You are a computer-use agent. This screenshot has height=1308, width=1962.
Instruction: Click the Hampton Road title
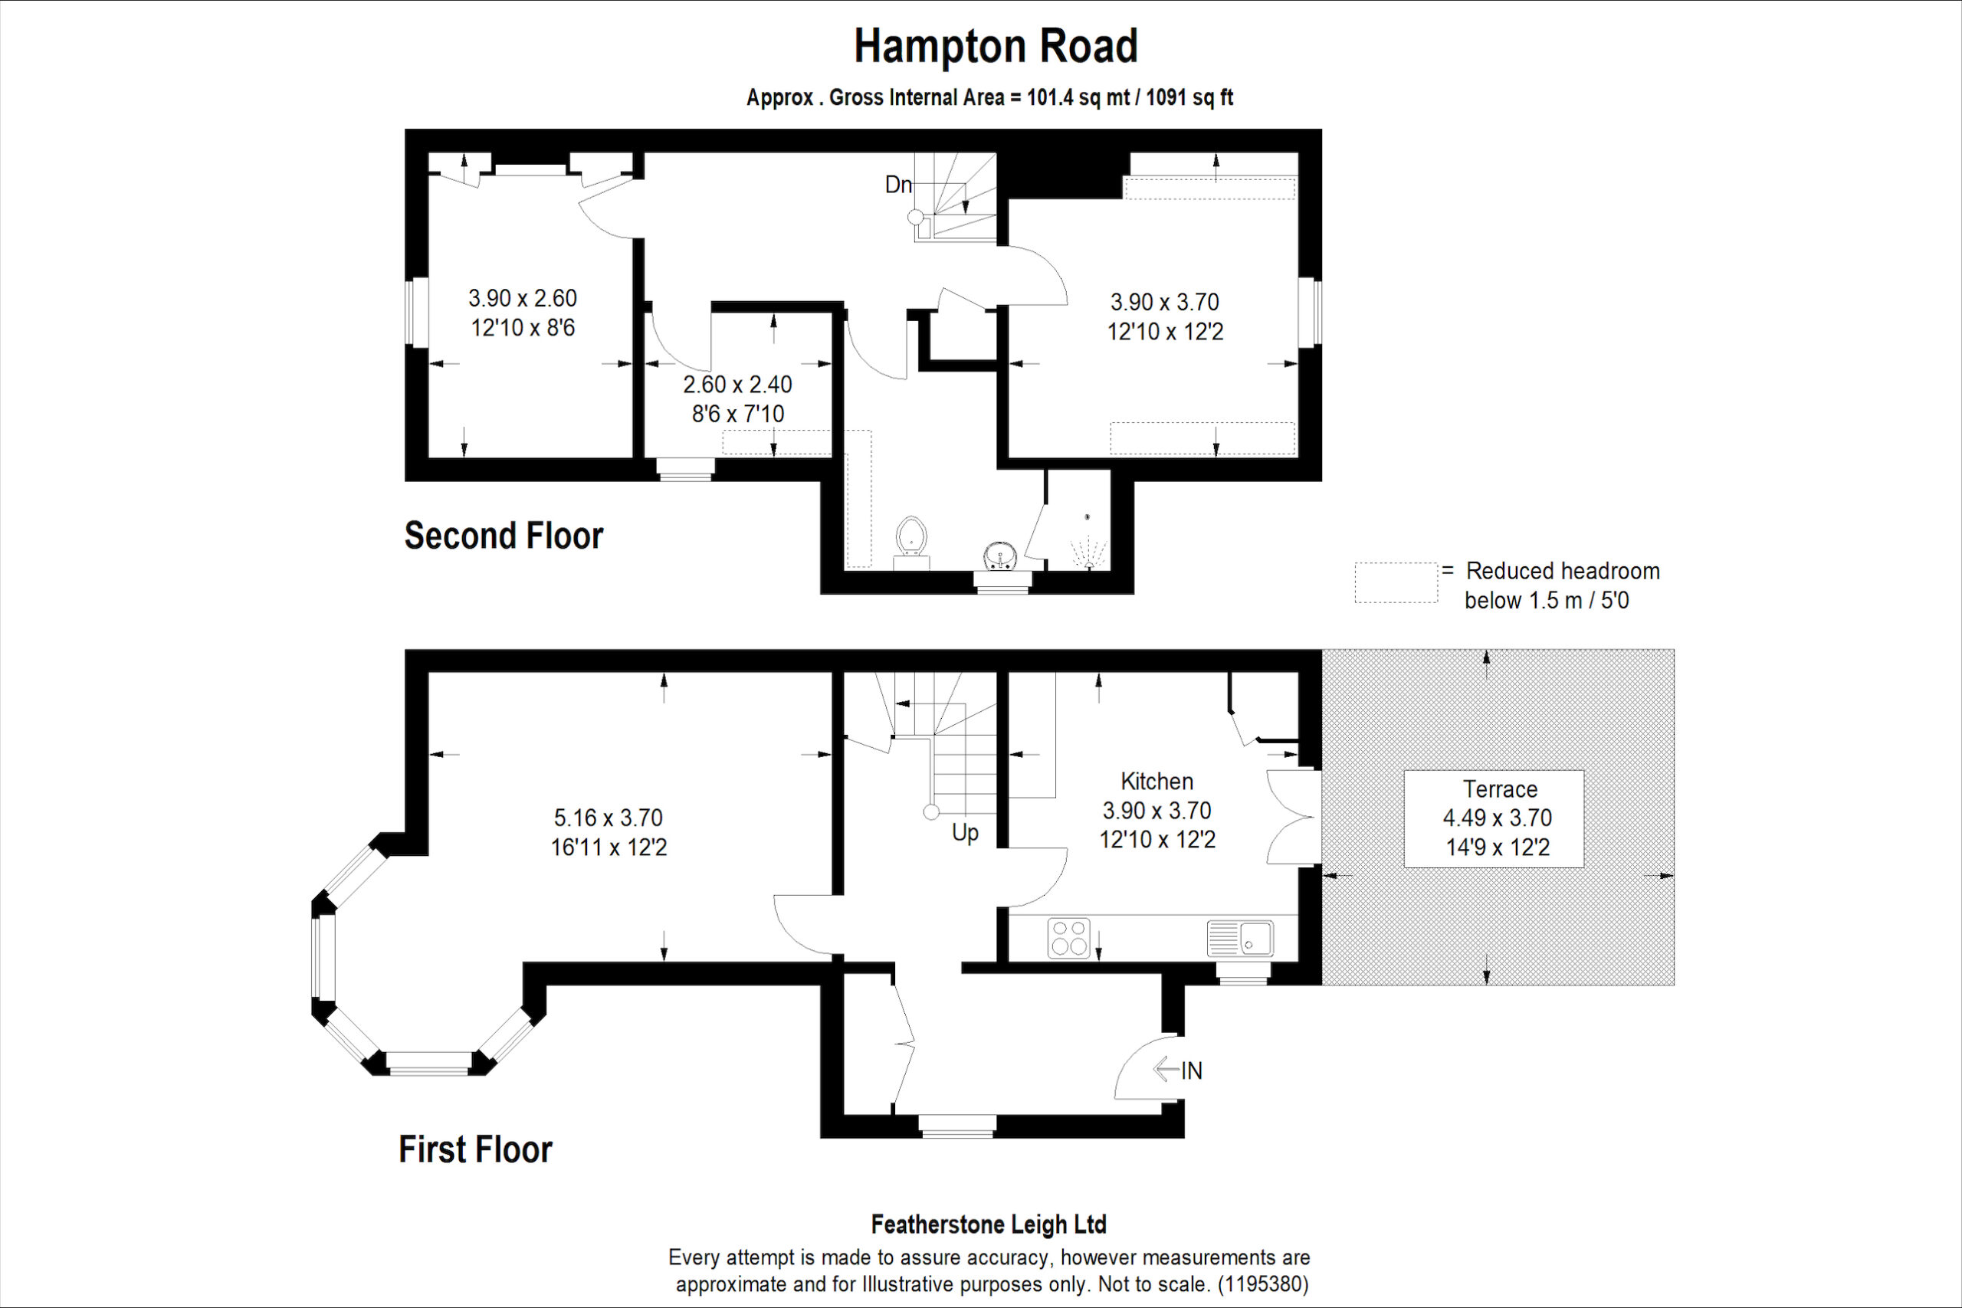click(x=996, y=47)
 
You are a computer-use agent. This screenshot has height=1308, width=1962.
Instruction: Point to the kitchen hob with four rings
click(x=1068, y=937)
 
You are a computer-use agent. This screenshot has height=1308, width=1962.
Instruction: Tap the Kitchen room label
click(x=1157, y=782)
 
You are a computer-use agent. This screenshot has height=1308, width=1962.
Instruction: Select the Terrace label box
click(x=1494, y=818)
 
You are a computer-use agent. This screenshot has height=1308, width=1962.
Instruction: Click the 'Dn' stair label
click(x=898, y=185)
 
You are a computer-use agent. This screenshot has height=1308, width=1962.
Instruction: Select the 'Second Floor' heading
click(x=504, y=536)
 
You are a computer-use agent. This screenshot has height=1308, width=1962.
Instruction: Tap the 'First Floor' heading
click(x=475, y=1149)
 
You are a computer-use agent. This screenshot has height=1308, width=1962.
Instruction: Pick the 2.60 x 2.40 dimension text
click(x=737, y=385)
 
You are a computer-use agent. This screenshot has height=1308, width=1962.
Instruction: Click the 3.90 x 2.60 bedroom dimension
click(x=522, y=298)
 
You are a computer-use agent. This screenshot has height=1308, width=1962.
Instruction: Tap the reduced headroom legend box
click(x=1396, y=582)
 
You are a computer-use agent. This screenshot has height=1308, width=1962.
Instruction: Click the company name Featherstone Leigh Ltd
click(x=989, y=1224)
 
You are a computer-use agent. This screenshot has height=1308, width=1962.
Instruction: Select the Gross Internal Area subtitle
click(x=989, y=97)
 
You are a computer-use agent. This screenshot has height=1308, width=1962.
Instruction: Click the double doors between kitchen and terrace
click(x=1294, y=817)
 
